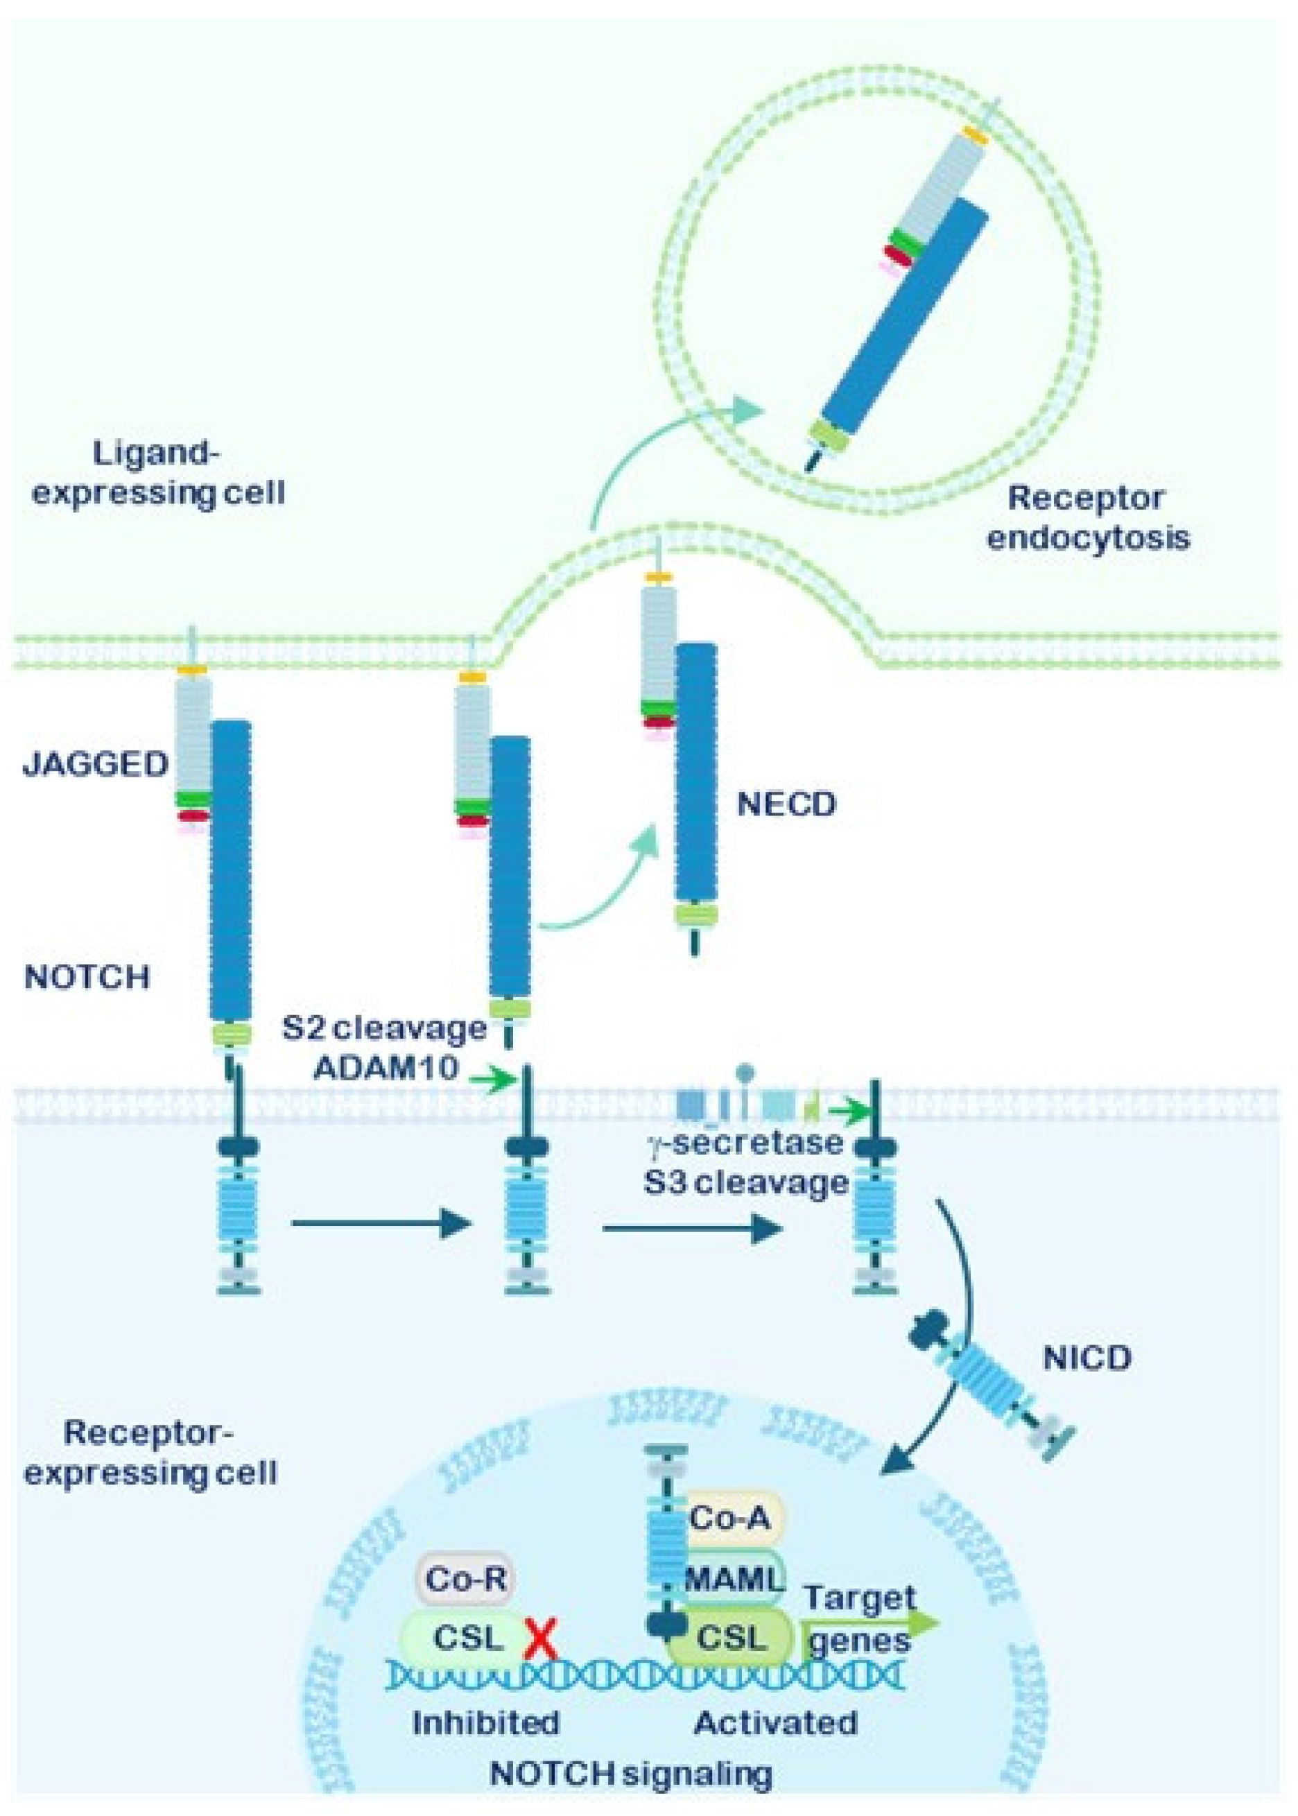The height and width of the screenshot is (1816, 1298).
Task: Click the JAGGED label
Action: [96, 765]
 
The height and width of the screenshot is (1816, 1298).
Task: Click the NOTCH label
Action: [87, 977]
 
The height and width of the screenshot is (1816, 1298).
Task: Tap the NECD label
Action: [786, 803]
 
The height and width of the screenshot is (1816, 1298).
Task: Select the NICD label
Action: [1087, 1358]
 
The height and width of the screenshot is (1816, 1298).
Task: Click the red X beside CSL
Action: [540, 1638]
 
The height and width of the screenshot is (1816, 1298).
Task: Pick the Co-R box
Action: [466, 1579]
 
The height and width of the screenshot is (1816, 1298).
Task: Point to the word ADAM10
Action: [386, 1069]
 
